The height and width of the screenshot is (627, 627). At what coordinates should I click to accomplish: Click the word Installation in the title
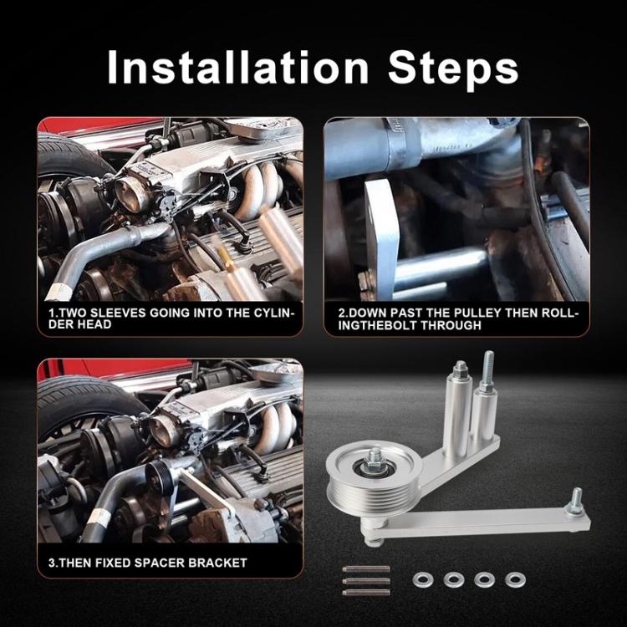tap(238, 67)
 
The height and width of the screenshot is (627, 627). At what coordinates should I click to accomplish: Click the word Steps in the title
tap(453, 68)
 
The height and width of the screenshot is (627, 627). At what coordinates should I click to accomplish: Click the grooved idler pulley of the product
tap(373, 477)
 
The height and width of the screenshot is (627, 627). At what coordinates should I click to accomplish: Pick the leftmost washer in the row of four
tap(421, 579)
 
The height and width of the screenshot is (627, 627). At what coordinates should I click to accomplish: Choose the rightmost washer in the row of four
tap(516, 579)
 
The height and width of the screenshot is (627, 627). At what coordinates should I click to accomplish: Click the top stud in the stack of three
tap(366, 568)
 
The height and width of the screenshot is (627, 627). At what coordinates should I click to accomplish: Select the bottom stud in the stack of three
tap(366, 592)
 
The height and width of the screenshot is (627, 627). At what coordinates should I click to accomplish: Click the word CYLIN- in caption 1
tap(274, 313)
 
